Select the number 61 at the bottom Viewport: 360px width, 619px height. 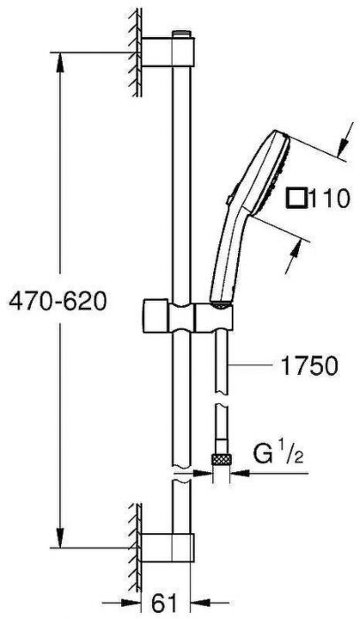(x=164, y=603)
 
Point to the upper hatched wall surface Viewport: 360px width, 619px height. (x=134, y=53)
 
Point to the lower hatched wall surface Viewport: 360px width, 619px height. (x=134, y=539)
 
